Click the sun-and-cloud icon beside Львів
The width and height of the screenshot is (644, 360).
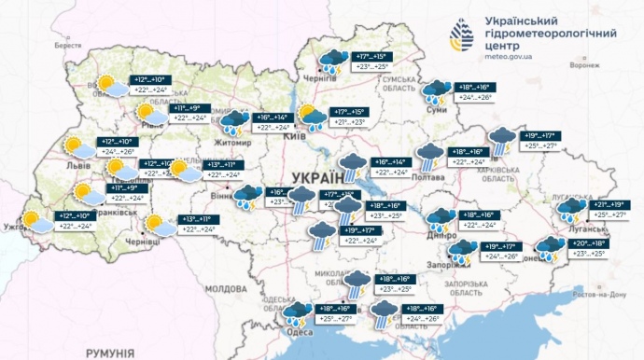click(x=76, y=146)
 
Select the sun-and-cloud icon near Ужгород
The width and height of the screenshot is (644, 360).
click(x=38, y=222)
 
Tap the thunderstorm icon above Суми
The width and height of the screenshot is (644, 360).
click(x=436, y=91)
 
